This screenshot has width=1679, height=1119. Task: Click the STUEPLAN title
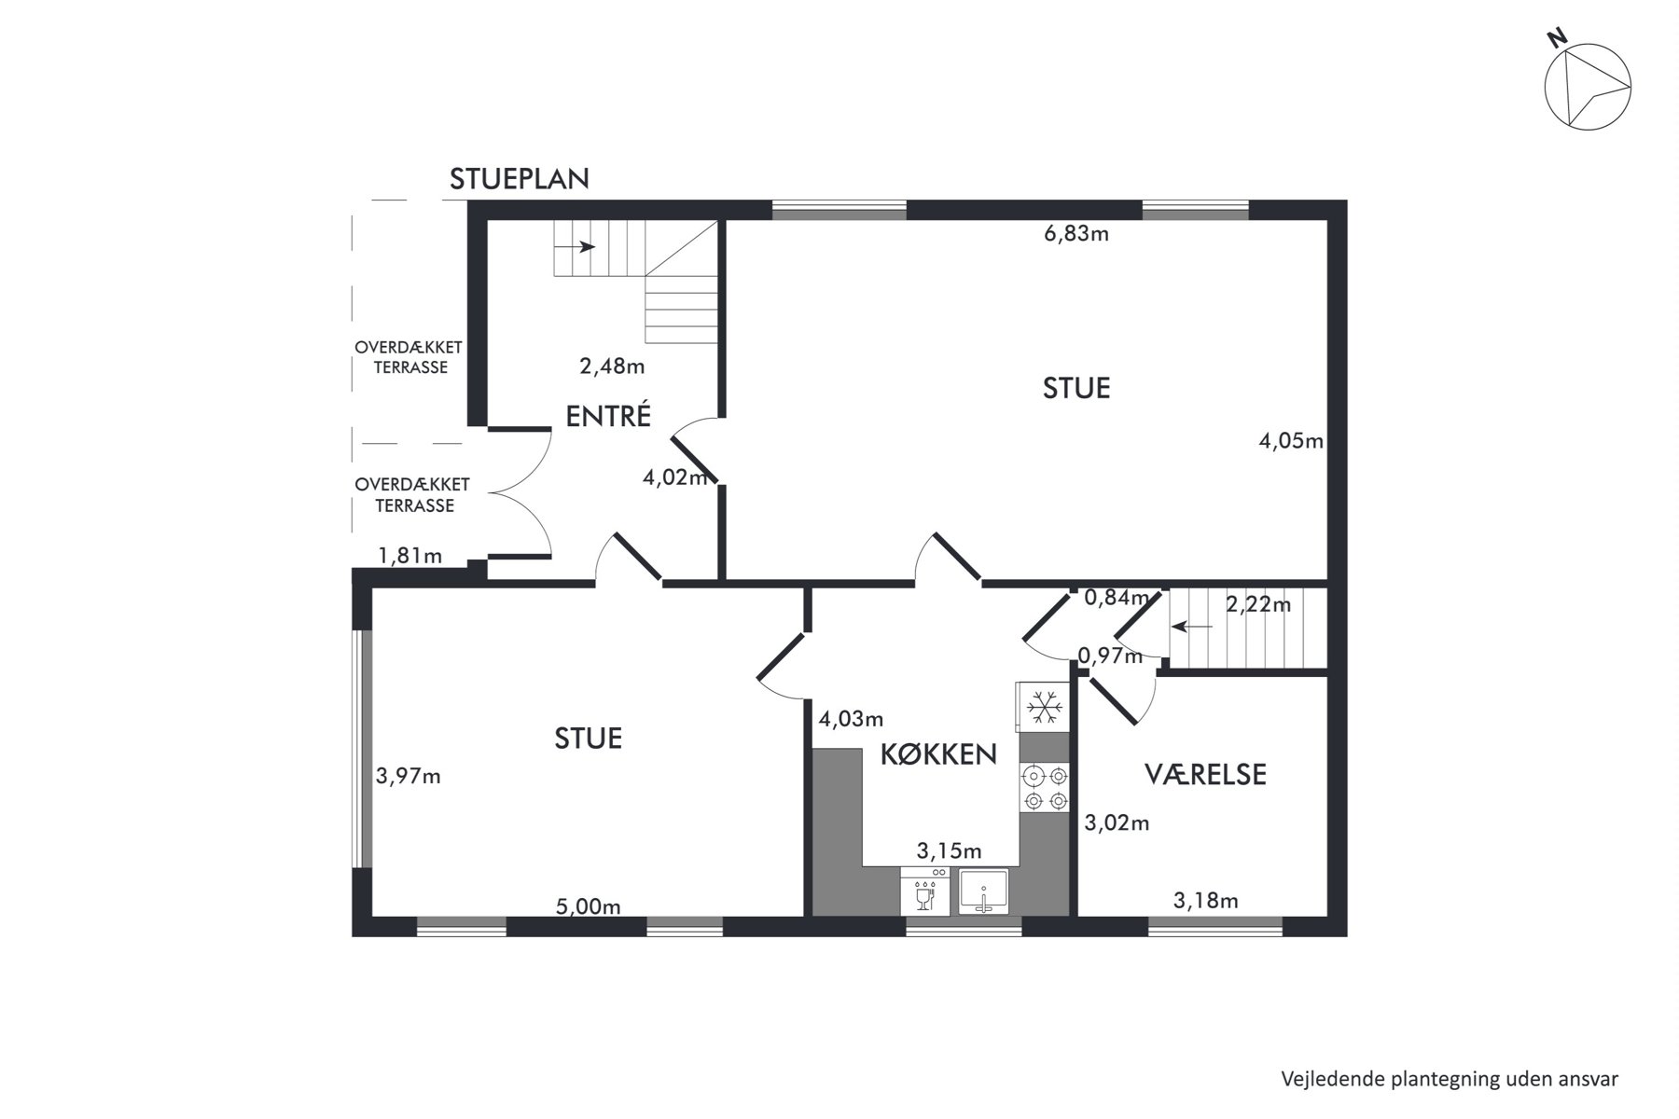click(x=520, y=179)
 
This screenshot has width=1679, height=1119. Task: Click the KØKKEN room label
click(x=938, y=754)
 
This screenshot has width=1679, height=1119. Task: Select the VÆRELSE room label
click(x=1205, y=774)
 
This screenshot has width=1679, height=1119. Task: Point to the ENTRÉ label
click(x=608, y=416)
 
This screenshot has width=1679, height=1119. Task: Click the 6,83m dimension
click(x=1076, y=233)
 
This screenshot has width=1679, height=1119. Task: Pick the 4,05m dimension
click(x=1292, y=441)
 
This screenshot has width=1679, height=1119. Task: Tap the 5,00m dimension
click(x=589, y=906)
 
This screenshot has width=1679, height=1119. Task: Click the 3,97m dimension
click(x=409, y=776)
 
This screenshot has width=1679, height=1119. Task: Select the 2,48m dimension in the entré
click(x=612, y=366)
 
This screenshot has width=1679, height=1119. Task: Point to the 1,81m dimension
click(x=409, y=556)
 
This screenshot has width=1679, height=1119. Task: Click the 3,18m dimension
click(x=1206, y=900)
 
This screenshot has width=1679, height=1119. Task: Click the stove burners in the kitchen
click(x=1045, y=788)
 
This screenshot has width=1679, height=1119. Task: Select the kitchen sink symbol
click(x=983, y=891)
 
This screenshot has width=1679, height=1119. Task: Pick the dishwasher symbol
click(x=925, y=891)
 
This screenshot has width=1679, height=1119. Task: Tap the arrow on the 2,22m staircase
click(x=1192, y=627)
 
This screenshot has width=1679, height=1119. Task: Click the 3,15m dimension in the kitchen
click(x=950, y=850)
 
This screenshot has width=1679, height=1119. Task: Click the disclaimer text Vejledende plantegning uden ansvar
click(x=1450, y=1079)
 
